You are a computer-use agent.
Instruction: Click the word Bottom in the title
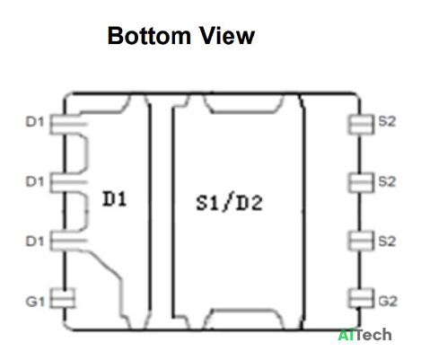(x=149, y=36)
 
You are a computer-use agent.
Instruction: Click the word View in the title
(x=227, y=36)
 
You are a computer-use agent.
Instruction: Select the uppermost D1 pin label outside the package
(x=35, y=122)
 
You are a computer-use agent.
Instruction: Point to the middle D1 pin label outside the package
(x=35, y=181)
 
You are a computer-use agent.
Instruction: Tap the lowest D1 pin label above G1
(x=35, y=241)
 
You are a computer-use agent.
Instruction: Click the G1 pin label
(x=35, y=302)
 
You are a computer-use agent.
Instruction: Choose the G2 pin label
(x=388, y=302)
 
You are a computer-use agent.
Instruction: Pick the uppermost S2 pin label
(x=387, y=121)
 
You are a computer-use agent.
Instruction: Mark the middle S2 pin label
(x=387, y=181)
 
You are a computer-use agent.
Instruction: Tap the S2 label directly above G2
(x=387, y=241)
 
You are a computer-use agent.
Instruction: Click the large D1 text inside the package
(x=114, y=198)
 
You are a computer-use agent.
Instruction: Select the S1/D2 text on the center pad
(x=229, y=203)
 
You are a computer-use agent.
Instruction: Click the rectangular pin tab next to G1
(x=62, y=298)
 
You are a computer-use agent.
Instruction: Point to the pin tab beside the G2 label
(x=362, y=298)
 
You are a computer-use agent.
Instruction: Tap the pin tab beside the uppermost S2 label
(x=362, y=124)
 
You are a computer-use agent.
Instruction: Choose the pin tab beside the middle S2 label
(x=362, y=182)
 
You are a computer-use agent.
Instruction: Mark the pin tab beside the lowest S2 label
(x=362, y=241)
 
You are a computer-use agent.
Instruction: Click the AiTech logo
(x=364, y=335)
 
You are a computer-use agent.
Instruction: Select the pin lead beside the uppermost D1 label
(x=68, y=124)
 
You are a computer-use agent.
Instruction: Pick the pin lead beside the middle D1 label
(x=68, y=182)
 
